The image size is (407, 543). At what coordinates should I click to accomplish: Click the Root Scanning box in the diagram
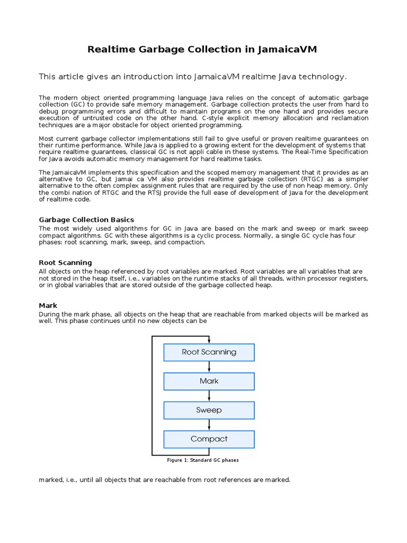pos(209,352)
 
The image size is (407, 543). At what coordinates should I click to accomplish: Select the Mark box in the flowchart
pos(209,381)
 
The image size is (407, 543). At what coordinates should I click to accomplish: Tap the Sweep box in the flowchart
pos(209,410)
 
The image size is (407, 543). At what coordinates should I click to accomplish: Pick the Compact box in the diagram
pos(209,439)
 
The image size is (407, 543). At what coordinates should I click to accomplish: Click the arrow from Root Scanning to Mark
pos(209,367)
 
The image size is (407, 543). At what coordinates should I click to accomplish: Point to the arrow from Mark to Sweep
pos(209,396)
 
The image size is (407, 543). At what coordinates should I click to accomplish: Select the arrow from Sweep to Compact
pos(209,425)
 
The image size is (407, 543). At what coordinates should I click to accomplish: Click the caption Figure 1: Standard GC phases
pos(203,460)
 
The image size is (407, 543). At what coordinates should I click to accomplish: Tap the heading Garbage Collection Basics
pos(86,220)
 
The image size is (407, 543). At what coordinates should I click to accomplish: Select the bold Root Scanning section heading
pos(65,262)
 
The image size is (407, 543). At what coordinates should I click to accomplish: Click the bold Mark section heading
pos(48,305)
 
